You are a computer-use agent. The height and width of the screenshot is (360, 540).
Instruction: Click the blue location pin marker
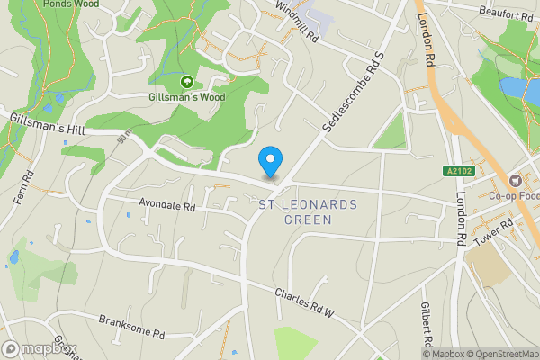(x=269, y=162)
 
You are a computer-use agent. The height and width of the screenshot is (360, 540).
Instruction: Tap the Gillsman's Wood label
(x=187, y=96)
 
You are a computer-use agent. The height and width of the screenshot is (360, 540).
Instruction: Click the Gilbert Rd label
(x=427, y=324)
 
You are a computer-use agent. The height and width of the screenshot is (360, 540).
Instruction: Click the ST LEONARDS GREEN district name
(x=307, y=211)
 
